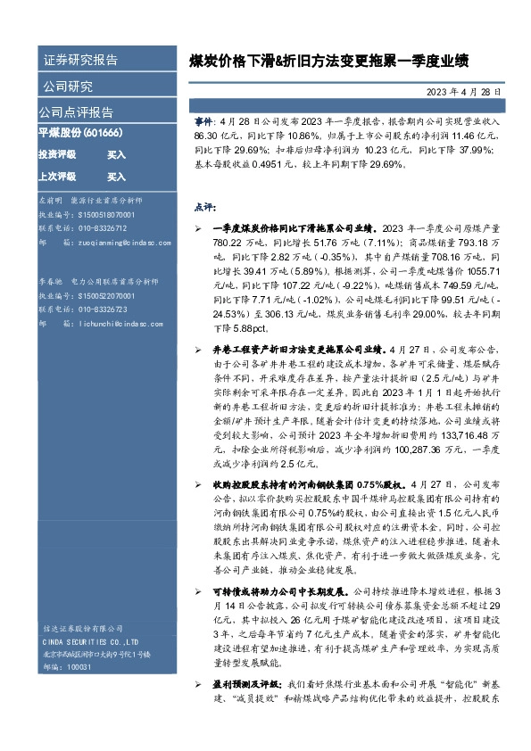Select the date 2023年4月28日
pos(465,91)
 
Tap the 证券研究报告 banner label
pos(81,61)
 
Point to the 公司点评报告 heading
pos(76,112)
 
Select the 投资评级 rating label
pos(56,154)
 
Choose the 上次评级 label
pos(56,177)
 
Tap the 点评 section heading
pos(203,207)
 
